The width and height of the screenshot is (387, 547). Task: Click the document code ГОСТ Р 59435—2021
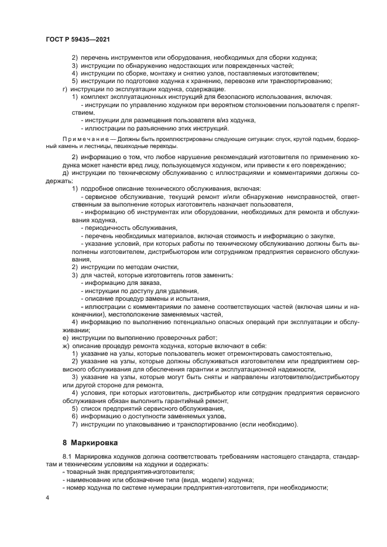click(78, 37)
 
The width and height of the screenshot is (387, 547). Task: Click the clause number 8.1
click(66, 456)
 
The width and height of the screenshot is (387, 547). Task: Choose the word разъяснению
click(149, 128)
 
